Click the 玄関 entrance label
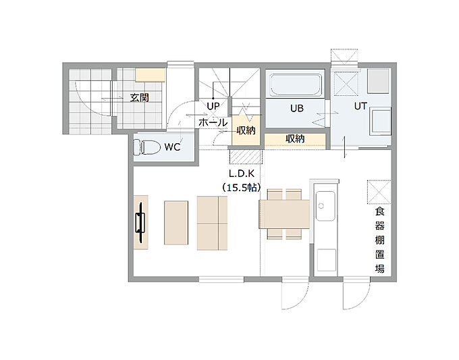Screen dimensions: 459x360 click(x=140, y=97)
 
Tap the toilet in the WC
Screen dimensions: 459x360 click(x=146, y=147)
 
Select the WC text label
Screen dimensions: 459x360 click(x=172, y=147)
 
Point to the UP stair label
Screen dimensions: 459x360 click(x=213, y=106)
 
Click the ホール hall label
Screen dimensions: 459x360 click(x=213, y=122)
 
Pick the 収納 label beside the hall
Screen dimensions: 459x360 click(x=246, y=130)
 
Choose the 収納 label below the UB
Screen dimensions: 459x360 click(x=295, y=139)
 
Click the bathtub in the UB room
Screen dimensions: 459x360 click(x=296, y=85)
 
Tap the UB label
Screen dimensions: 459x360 click(x=297, y=108)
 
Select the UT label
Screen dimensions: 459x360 click(x=360, y=106)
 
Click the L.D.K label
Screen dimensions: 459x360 click(x=242, y=174)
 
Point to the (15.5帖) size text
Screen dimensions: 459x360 click(x=242, y=187)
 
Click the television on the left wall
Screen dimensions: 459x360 click(x=140, y=222)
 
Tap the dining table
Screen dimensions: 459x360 click(x=284, y=214)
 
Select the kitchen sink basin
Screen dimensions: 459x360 click(x=325, y=206)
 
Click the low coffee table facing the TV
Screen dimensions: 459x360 click(x=176, y=223)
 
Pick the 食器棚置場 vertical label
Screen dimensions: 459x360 click(x=379, y=240)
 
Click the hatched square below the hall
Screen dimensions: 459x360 click(x=245, y=157)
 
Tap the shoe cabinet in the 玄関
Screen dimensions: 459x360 click(x=150, y=75)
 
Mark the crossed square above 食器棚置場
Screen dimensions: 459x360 click(x=379, y=192)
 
